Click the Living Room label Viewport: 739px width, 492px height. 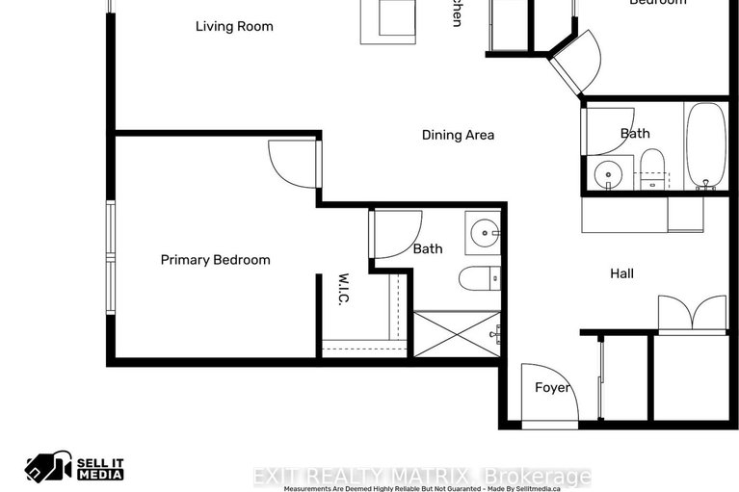[234, 26]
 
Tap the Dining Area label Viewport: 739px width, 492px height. [458, 135]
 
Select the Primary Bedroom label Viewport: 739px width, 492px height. [215, 260]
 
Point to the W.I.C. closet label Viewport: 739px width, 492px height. [343, 290]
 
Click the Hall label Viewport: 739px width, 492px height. [621, 273]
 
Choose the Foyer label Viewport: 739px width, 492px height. [552, 388]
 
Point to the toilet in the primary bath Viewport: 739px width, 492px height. [479, 279]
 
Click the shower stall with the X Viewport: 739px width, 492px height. [457, 333]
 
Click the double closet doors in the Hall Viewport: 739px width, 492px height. [692, 314]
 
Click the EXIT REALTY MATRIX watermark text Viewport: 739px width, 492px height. [421, 477]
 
